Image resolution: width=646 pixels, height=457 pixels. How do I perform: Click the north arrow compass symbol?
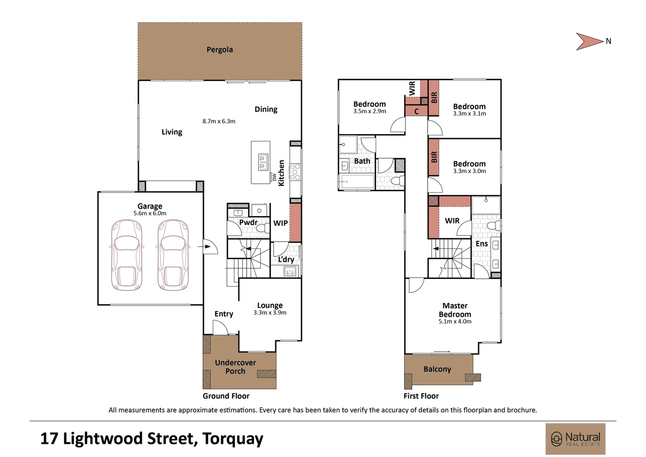(x=590, y=41)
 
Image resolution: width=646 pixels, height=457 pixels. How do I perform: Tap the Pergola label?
(x=219, y=50)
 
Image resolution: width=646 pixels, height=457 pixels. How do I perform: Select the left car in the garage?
(x=126, y=255)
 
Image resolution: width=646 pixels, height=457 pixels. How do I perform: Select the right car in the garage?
(x=173, y=255)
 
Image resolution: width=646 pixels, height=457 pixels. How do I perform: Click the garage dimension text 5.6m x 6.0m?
(x=150, y=213)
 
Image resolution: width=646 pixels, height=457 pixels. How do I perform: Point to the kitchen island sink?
(x=263, y=162)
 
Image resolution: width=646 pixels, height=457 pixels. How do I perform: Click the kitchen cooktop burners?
(x=295, y=172)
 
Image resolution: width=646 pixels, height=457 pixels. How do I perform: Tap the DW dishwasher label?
(x=274, y=177)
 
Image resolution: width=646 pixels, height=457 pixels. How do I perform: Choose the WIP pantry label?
(x=280, y=223)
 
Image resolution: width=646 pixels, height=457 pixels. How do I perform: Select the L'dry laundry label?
(x=286, y=259)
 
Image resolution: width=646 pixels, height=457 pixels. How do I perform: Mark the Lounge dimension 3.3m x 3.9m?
(x=270, y=313)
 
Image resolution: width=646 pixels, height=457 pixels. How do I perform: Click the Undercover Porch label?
(x=235, y=367)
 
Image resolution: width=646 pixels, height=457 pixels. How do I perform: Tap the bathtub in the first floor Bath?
(x=357, y=182)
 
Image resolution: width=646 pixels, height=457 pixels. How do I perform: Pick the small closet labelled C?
(x=416, y=111)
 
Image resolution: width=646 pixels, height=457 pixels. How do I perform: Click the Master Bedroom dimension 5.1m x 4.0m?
(x=454, y=322)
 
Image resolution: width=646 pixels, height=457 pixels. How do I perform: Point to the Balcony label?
(x=437, y=369)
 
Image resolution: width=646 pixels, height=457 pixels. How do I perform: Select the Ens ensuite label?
(x=482, y=244)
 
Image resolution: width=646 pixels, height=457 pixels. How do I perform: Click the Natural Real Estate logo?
(x=575, y=439)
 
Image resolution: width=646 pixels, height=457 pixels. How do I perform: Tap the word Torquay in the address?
(x=233, y=439)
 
